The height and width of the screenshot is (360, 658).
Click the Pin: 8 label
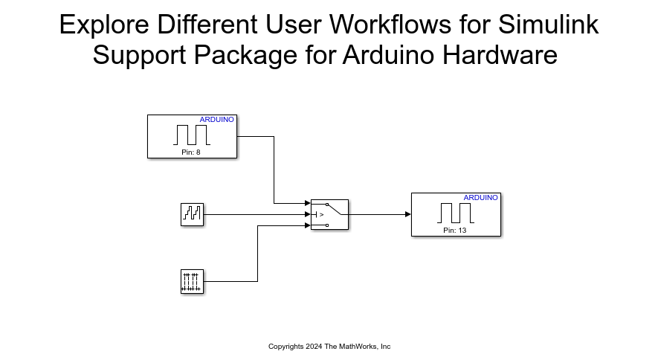coord(191,152)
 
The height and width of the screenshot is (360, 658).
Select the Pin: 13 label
coord(455,231)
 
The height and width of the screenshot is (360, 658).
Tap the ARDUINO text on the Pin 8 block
coord(217,120)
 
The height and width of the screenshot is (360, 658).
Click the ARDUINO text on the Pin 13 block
coord(481,198)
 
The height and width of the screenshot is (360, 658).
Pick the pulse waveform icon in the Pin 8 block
coord(192,135)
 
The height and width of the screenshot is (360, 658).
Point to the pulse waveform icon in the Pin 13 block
coord(455,213)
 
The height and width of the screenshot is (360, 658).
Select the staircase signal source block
coord(192,214)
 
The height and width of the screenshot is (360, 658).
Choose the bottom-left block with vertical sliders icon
coord(192,282)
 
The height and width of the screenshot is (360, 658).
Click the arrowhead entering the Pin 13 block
coord(407,214)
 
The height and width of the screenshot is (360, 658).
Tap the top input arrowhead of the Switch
coord(307,203)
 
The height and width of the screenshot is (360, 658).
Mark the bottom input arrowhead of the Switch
coord(307,225)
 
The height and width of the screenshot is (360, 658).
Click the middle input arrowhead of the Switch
coord(307,214)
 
